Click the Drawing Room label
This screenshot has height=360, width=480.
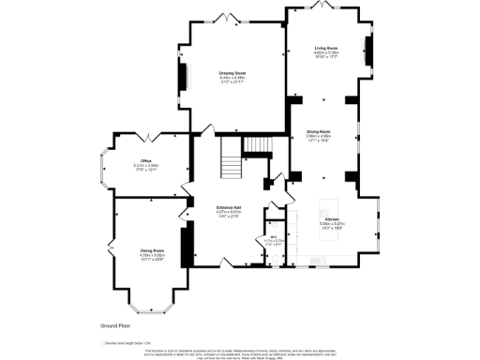tap(232, 73)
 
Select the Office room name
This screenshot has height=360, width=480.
tap(146, 161)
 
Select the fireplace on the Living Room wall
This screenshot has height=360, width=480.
tap(367, 50)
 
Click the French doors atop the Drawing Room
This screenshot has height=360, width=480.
tap(224, 18)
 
